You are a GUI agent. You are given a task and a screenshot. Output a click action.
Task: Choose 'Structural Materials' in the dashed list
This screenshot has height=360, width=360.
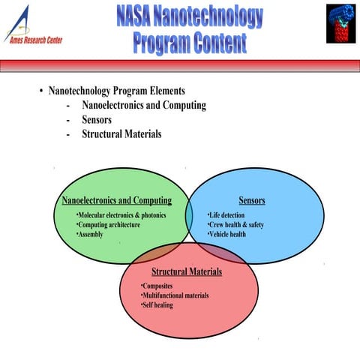point(121,135)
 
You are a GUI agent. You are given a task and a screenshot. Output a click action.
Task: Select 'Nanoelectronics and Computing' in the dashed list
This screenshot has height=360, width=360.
point(143,105)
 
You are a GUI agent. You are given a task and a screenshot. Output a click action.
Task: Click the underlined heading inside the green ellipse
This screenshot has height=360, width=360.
point(116,201)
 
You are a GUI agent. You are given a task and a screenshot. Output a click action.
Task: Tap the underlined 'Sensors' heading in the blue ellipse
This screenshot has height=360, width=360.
point(252,201)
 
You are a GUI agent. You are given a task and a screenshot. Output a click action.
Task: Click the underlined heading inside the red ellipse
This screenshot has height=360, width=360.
point(187,271)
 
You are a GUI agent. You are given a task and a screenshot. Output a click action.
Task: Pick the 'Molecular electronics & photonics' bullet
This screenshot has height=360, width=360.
point(121,215)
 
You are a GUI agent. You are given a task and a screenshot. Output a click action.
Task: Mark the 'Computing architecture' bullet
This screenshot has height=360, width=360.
point(109,225)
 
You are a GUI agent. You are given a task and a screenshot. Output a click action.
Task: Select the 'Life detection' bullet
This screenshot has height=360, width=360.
point(226,215)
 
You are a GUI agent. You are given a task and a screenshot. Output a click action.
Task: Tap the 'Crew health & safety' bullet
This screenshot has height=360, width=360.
point(235,225)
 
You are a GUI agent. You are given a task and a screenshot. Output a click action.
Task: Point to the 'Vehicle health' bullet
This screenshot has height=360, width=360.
point(226,235)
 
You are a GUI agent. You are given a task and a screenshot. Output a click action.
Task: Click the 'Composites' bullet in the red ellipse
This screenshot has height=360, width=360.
point(158,286)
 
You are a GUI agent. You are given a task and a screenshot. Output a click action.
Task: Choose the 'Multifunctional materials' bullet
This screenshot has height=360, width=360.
point(175,296)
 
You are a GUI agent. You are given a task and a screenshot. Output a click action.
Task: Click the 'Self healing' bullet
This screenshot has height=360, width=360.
point(157,306)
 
